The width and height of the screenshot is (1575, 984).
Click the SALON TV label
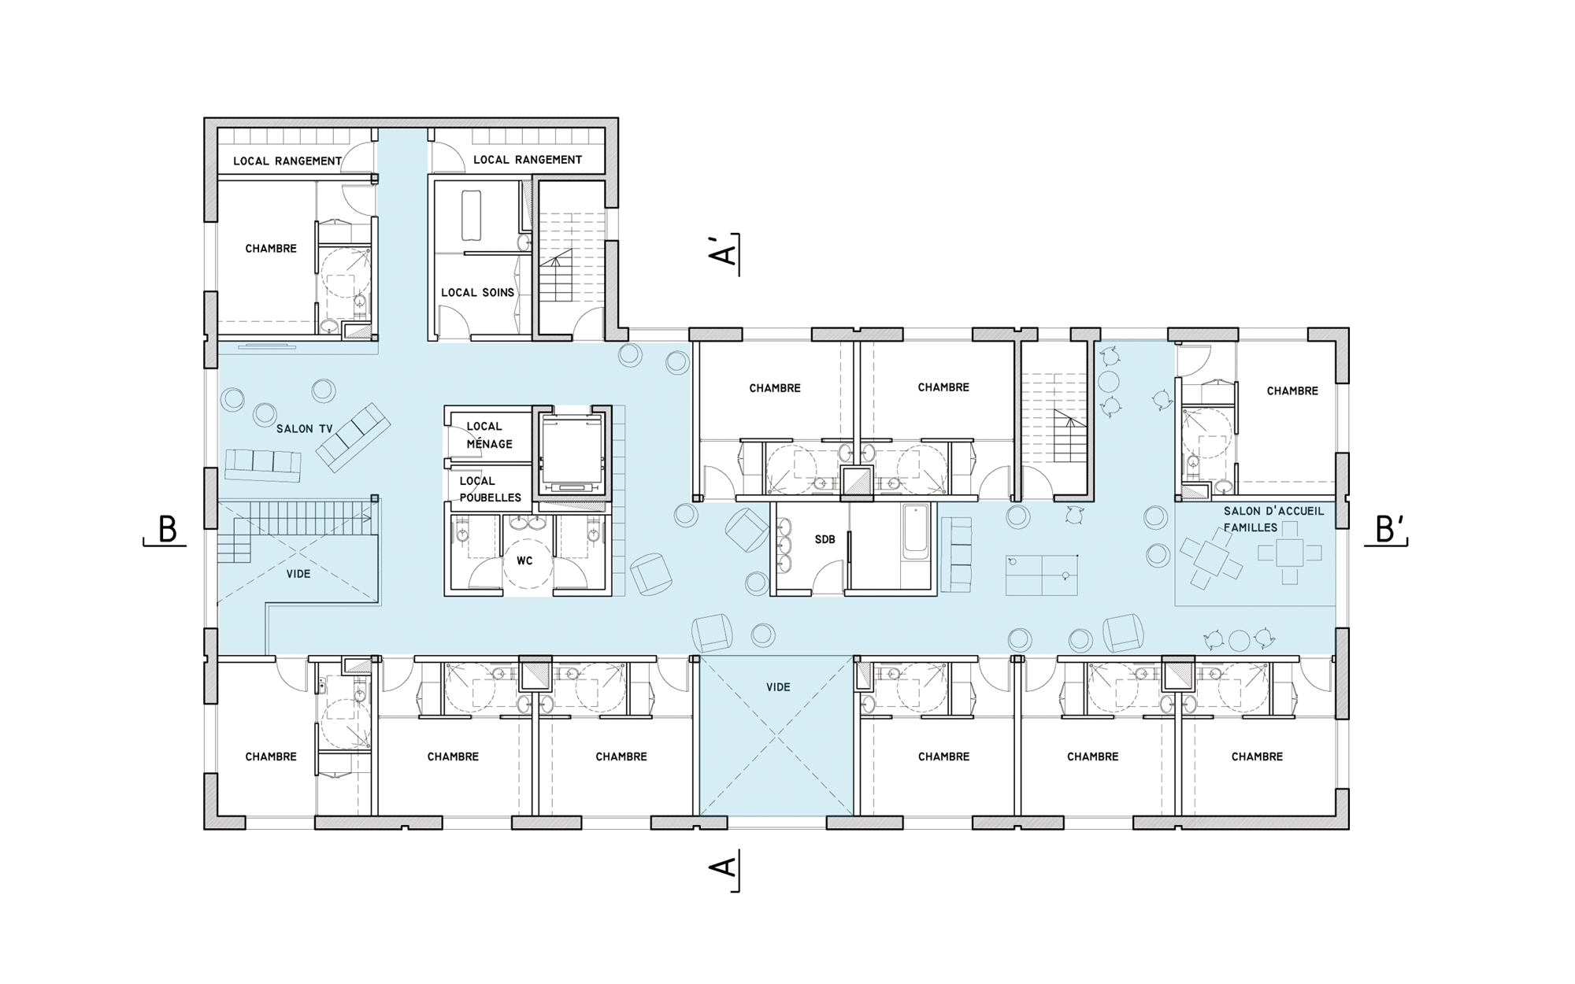click(x=305, y=429)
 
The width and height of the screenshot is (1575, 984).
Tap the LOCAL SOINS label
click(x=477, y=292)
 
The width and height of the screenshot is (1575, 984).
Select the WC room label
click(x=524, y=560)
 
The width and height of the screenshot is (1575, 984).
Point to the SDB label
click(x=825, y=539)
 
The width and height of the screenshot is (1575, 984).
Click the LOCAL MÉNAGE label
click(x=489, y=435)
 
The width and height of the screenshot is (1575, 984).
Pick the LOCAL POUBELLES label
click(x=490, y=489)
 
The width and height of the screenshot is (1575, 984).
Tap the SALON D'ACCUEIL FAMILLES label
click(x=1273, y=519)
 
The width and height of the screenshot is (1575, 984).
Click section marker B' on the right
click(x=1388, y=530)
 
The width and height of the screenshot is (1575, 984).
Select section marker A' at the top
click(x=726, y=253)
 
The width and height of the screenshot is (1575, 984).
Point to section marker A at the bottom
click(x=724, y=869)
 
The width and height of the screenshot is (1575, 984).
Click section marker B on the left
click(x=165, y=530)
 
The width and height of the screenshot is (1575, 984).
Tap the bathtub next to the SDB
click(x=915, y=531)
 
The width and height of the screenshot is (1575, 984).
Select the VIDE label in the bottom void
click(x=778, y=687)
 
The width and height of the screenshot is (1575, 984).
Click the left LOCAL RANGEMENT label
click(x=287, y=161)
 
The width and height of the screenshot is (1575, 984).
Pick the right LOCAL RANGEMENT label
click(x=528, y=159)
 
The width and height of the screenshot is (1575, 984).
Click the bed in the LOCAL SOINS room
click(x=471, y=215)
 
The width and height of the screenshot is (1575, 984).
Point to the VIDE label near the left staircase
click(x=298, y=574)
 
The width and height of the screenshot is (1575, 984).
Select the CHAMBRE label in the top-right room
click(x=1291, y=390)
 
